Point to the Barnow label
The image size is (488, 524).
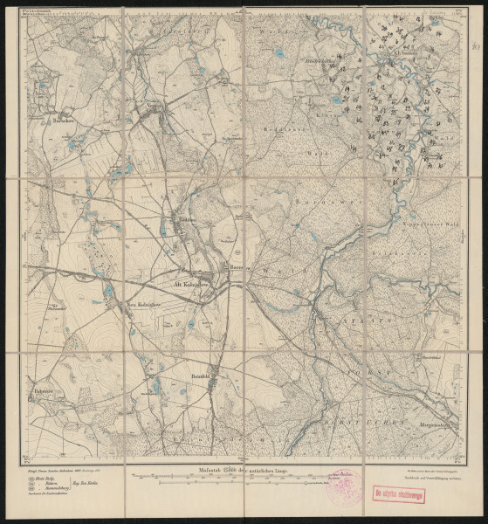tap(234, 268)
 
